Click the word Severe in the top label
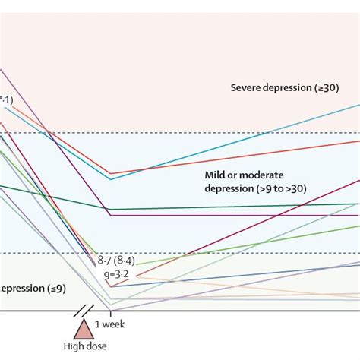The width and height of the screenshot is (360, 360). pyautogui.click(x=247, y=88)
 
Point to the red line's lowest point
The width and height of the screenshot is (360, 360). pyautogui.click(x=111, y=174)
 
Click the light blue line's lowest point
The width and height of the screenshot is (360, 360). pyautogui.click(x=111, y=179)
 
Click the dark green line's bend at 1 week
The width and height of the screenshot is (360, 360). pyautogui.click(x=111, y=209)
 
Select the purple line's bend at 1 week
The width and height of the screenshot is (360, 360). pyautogui.click(x=111, y=216)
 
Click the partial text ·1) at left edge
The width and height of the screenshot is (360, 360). pyautogui.click(x=6, y=99)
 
